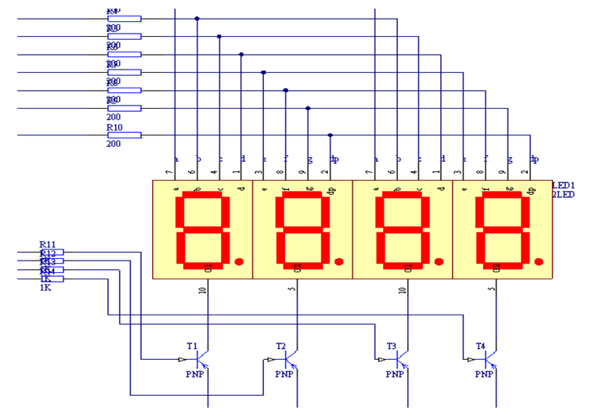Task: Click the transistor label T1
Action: pos(192,345)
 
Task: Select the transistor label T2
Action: pos(281,345)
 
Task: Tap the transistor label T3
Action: pos(392,345)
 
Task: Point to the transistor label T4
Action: pos(480,345)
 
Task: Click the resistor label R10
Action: pos(114,127)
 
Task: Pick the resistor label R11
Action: pos(48,245)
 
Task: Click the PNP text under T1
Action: pos(194,374)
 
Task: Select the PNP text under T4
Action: pos(482,374)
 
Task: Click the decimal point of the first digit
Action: pos(240,261)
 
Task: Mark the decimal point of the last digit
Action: pos(538,261)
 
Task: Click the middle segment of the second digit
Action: pos(302,229)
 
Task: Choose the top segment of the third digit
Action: pos(403,196)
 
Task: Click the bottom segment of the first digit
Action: pos(201,264)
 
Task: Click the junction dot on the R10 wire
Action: pos(331,135)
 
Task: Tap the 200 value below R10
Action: pos(114,144)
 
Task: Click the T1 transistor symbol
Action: pos(202,360)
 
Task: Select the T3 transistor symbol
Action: pos(402,360)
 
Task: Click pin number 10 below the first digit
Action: pos(202,291)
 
